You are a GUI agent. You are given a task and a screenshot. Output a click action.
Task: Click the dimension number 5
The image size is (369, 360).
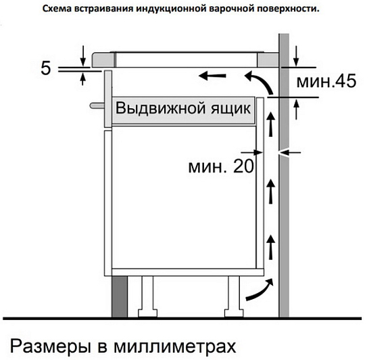[x=46, y=68]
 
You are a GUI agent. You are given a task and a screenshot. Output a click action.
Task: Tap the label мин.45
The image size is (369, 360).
[x=326, y=81]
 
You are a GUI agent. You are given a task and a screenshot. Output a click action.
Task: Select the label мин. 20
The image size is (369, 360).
[x=221, y=166]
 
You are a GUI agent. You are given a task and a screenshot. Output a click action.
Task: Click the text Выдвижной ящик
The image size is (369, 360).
[x=183, y=108]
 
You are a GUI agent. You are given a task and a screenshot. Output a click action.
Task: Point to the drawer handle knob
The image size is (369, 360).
[x=97, y=106]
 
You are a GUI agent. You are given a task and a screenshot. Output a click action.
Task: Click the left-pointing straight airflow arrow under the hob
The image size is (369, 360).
[x=212, y=76]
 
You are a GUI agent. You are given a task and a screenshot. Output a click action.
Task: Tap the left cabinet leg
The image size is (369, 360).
[x=147, y=296]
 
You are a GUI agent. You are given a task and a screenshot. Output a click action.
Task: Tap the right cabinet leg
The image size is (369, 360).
[x=234, y=296]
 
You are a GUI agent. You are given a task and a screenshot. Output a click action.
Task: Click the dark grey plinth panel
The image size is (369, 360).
[x=120, y=296]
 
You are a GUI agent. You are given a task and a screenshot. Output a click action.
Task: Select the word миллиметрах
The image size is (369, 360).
[x=174, y=346]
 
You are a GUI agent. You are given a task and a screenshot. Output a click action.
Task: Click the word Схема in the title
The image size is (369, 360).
[x=57, y=9]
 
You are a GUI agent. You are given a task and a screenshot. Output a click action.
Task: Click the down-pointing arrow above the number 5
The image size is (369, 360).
[x=82, y=57]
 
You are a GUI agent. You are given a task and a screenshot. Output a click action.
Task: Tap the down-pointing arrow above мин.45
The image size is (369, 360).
[x=296, y=57]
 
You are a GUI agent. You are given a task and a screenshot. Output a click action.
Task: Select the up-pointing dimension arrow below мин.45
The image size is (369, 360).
[x=297, y=110]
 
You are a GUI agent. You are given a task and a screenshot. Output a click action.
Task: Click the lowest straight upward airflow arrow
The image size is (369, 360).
[x=271, y=248]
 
